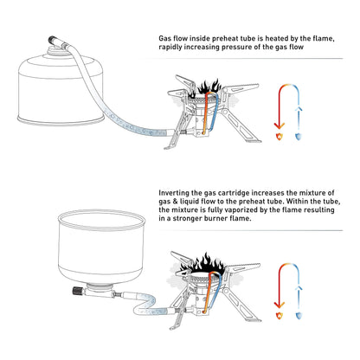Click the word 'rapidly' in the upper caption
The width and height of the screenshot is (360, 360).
[x=173, y=48]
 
